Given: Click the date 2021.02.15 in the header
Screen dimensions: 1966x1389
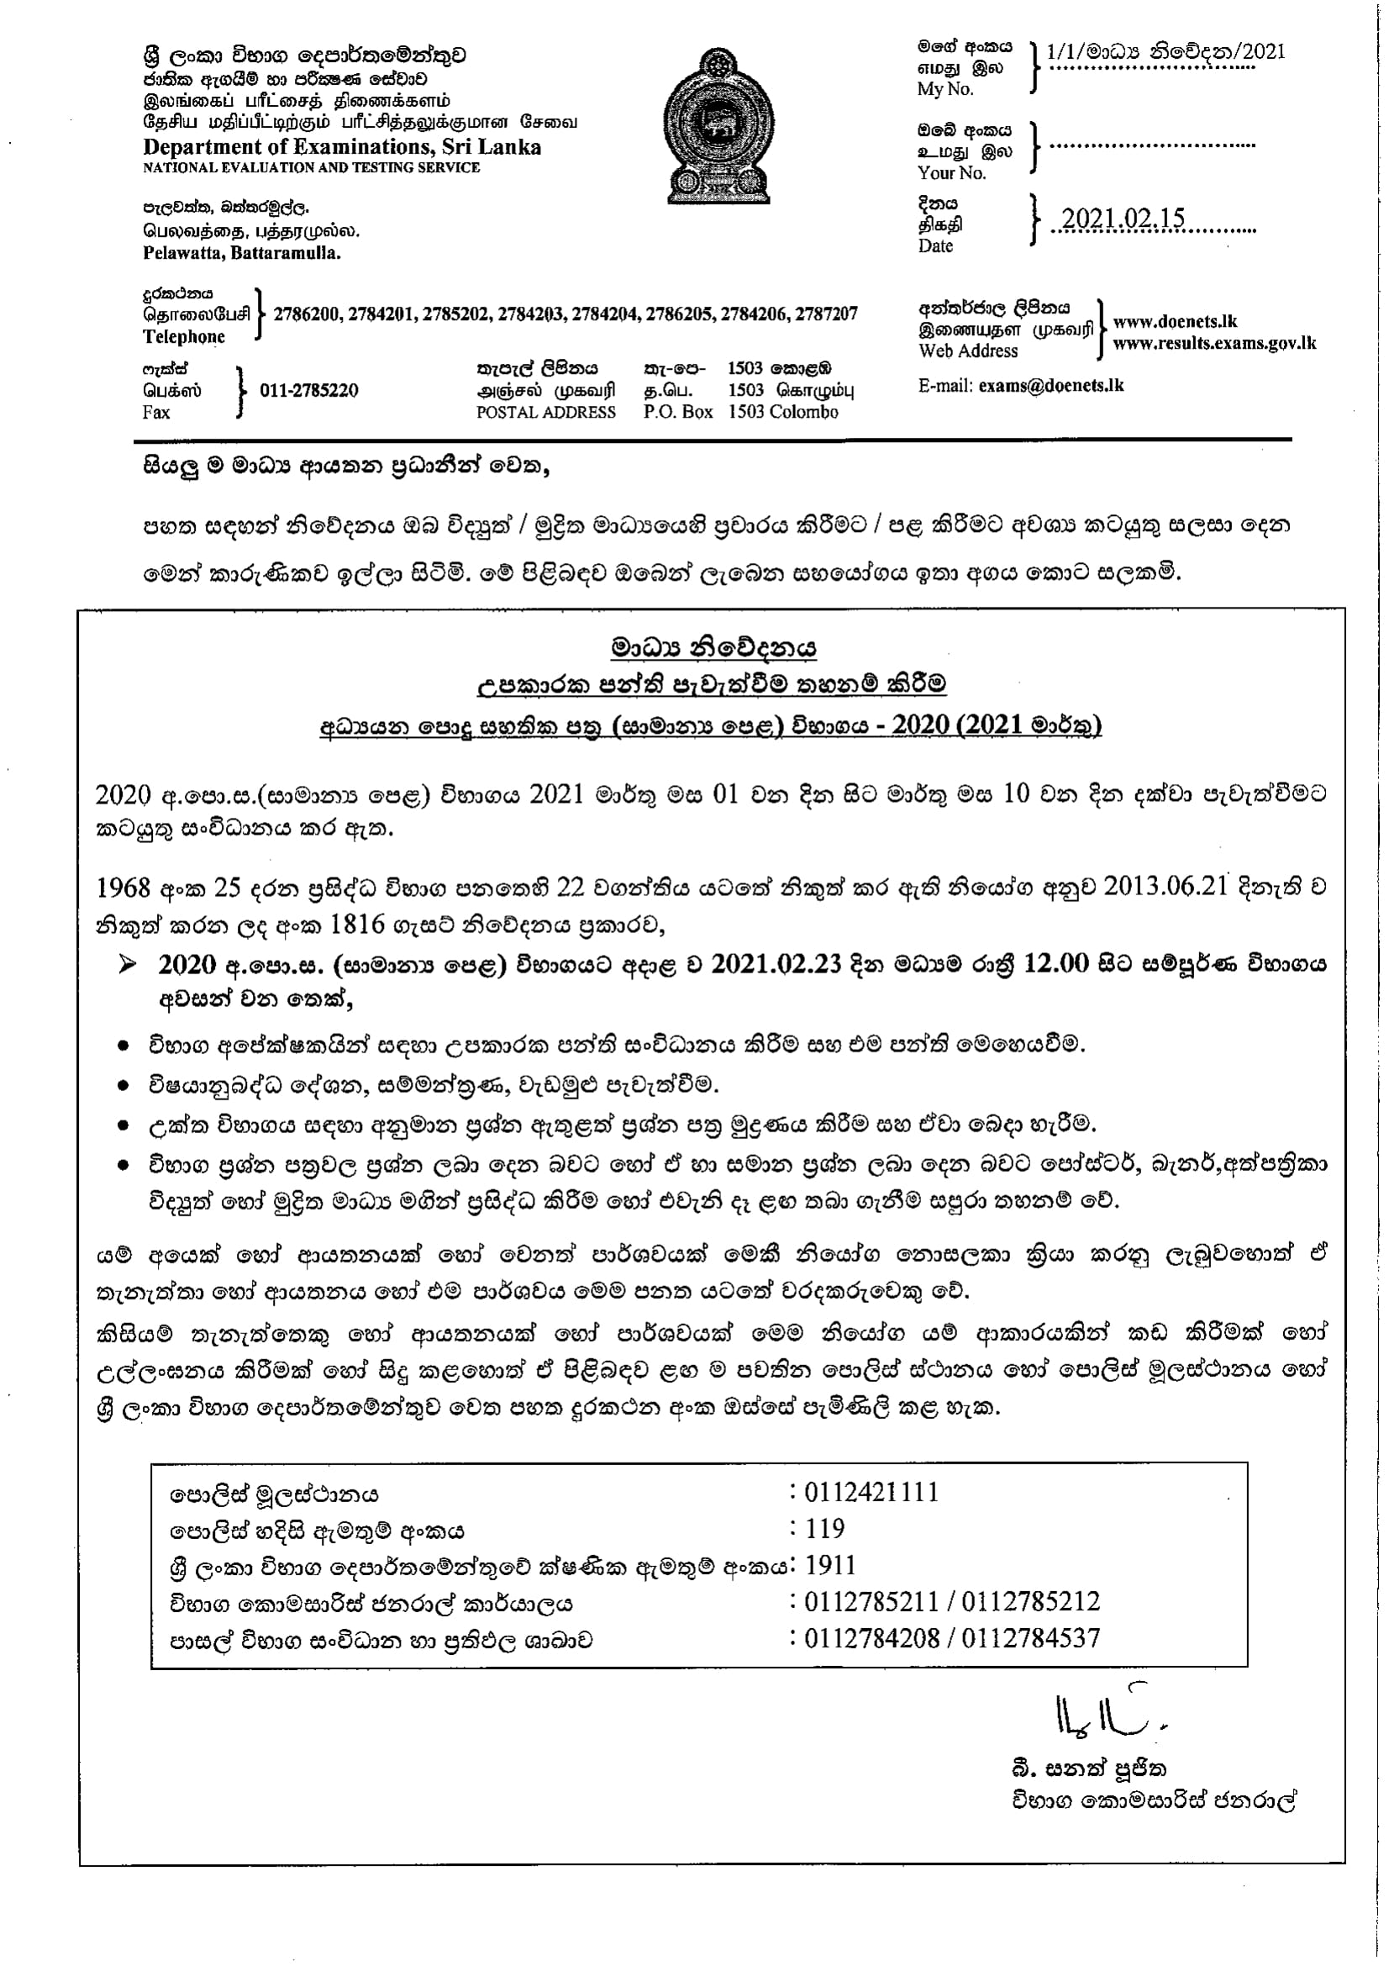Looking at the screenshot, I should click(x=1123, y=219).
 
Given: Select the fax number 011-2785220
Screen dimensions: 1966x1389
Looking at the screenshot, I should click(x=309, y=391).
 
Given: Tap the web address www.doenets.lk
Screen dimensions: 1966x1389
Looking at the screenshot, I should click(x=1175, y=322).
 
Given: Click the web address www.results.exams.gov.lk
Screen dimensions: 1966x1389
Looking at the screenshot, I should click(x=1214, y=345).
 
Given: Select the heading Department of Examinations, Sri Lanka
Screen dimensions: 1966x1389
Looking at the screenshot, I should click(x=341, y=147).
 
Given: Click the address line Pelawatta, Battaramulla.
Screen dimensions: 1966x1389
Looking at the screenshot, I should click(x=241, y=254).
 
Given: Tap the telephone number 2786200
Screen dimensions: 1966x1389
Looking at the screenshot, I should click(x=306, y=314).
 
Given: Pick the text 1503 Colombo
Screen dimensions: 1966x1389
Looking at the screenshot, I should click(x=783, y=412).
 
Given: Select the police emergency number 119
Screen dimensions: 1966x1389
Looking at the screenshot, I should click(x=825, y=1528).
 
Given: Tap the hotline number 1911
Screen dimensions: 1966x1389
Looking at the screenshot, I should click(x=830, y=1565).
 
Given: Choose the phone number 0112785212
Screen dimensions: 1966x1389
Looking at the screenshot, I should click(x=1030, y=1601).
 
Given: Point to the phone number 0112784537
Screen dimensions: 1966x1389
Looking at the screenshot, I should click(x=1030, y=1638).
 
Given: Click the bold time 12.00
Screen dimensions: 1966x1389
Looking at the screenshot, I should click(x=1056, y=964).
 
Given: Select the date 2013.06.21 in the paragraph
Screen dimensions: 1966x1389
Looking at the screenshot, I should click(x=1165, y=887).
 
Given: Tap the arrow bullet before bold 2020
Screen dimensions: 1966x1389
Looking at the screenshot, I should click(x=128, y=965).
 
